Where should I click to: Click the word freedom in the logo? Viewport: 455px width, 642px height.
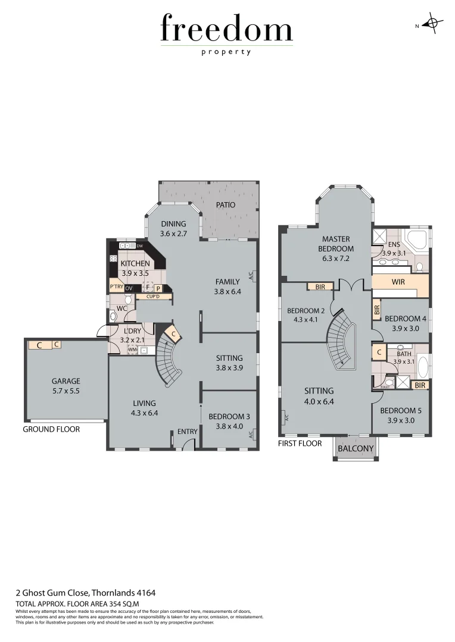tap(227, 29)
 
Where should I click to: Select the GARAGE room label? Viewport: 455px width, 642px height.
tap(66, 381)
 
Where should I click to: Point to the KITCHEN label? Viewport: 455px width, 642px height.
tap(135, 263)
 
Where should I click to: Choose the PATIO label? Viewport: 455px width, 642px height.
tap(226, 204)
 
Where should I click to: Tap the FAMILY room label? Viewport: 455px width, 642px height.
tap(227, 282)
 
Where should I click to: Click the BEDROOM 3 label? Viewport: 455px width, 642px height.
tap(229, 417)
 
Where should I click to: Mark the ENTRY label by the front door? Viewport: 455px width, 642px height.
tap(187, 432)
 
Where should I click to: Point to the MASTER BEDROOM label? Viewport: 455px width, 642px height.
tap(336, 244)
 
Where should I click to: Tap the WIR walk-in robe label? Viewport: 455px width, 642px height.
tap(398, 282)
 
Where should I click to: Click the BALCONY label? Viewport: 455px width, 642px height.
tap(356, 448)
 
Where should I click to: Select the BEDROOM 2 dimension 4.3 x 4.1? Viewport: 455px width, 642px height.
tap(306, 320)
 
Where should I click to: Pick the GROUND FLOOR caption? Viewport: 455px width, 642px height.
tap(51, 429)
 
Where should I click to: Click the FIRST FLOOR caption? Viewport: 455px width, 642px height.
tap(300, 443)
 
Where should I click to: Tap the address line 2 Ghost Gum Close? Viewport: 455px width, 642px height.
tap(85, 592)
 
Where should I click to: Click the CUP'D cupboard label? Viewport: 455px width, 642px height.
tap(147, 296)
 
